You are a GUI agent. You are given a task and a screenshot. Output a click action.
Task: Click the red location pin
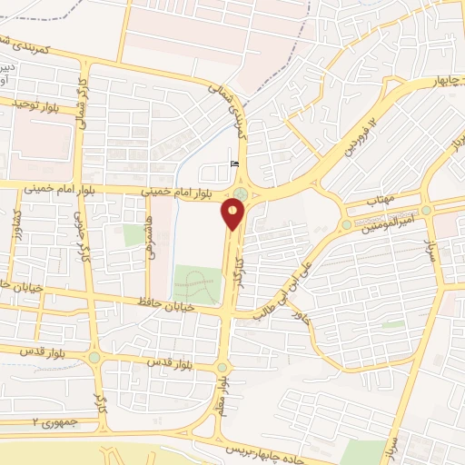pyautogui.click(x=233, y=213)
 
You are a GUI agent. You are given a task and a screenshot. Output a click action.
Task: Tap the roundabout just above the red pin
pyautogui.click(x=240, y=193)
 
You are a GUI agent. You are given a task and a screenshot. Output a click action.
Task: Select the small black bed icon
pyautogui.click(x=234, y=163)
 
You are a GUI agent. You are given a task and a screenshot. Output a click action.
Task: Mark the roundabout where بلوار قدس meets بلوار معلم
pyautogui.click(x=222, y=368)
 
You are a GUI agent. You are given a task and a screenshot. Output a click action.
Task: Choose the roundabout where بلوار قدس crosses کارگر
pyautogui.click(x=94, y=357)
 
